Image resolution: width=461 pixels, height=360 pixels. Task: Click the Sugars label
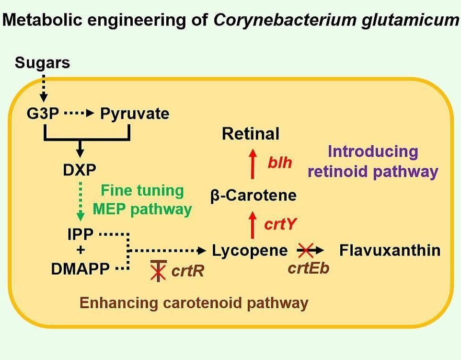tap(42, 62)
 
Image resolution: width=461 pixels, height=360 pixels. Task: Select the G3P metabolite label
tap(44, 114)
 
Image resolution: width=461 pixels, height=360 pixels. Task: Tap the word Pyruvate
tap(134, 114)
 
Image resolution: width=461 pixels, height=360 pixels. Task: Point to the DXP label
tap(80, 169)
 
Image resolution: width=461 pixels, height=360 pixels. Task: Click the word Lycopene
tap(250, 250)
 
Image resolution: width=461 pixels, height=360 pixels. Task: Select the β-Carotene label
tap(254, 196)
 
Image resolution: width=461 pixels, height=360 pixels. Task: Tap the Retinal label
tap(251, 134)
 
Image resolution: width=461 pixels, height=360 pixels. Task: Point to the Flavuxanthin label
tap(390, 250)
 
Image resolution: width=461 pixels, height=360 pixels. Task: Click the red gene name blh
tap(279, 162)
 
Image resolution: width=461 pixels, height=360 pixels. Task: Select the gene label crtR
tap(187, 271)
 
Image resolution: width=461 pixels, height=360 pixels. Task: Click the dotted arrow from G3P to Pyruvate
tap(80, 114)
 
